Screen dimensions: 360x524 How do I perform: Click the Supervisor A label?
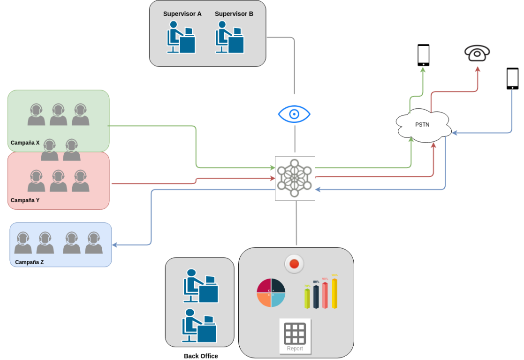[x=182, y=14]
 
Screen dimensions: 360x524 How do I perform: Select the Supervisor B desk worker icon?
[x=229, y=37]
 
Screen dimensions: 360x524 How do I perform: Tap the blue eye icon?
[x=294, y=114]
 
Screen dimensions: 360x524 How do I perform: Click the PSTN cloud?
[x=423, y=125]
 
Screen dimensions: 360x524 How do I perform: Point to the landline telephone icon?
[x=477, y=53]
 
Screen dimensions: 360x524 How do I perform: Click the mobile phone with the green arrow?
[x=423, y=55]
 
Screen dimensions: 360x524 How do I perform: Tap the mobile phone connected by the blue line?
[x=512, y=78]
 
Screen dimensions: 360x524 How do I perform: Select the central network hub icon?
[x=295, y=178]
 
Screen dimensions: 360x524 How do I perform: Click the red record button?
[x=294, y=264]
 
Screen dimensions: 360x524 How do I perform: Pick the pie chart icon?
[x=271, y=293]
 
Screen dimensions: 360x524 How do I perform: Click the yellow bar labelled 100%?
[x=334, y=293]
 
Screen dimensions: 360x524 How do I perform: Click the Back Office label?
[x=201, y=356]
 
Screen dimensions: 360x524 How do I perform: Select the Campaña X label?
[x=25, y=143]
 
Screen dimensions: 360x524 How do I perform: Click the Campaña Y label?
[x=25, y=200]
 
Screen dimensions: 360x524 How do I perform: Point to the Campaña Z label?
[x=29, y=262]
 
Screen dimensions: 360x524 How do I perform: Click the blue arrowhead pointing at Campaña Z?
[x=114, y=245]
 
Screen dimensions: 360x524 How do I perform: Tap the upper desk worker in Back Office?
[x=200, y=286]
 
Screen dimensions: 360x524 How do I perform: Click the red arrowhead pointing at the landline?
[x=478, y=69]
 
